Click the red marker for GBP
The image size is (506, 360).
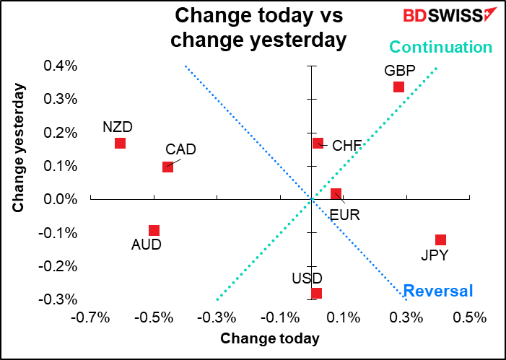[x=398, y=87]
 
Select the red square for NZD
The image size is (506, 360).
[x=120, y=143]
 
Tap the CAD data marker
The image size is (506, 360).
[x=167, y=166]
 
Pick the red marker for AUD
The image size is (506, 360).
[x=154, y=231]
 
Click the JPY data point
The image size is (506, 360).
[x=440, y=240]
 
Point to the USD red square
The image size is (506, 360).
[x=316, y=293]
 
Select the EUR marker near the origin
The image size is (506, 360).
[x=336, y=194]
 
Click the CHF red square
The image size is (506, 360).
[x=318, y=143]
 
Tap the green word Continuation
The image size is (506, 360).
[x=440, y=48]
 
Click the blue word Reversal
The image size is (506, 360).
[x=438, y=291]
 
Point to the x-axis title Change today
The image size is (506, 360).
[x=270, y=338]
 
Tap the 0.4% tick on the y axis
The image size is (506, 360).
[x=63, y=66]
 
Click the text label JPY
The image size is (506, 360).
[x=435, y=255]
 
